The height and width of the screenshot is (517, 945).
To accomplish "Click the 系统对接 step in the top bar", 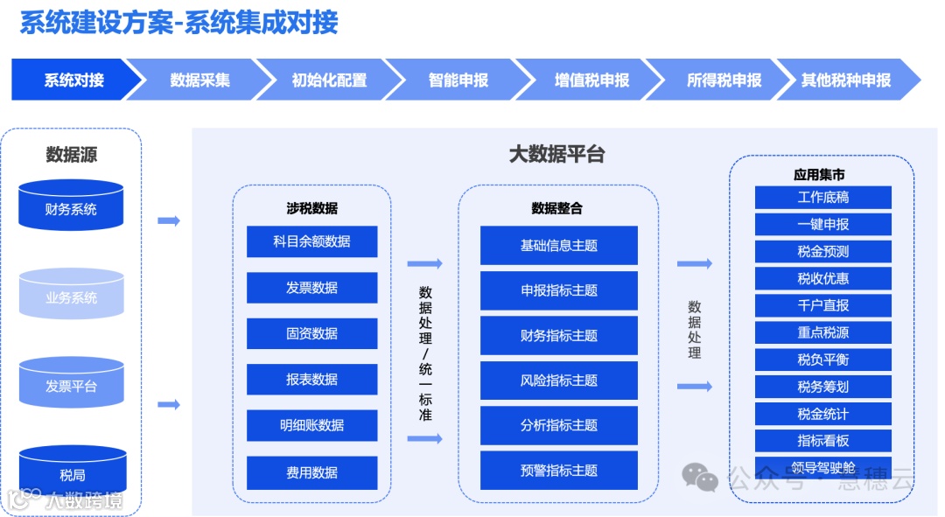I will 74,80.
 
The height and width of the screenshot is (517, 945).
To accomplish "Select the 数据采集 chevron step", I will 199,80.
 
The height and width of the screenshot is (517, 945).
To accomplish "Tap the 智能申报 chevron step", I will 458,80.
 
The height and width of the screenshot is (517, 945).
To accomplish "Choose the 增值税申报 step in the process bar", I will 591,80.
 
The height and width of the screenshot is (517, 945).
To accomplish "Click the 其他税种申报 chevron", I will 845,80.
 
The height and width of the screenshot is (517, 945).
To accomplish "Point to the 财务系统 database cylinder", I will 71,208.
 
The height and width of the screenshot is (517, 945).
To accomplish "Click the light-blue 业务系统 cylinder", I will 71,297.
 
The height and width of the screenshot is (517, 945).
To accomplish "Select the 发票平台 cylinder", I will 71,385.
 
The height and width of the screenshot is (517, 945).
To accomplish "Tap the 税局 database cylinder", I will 71,475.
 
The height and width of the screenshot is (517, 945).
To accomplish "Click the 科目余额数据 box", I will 311,241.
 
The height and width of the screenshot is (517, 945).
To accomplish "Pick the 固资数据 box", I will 311,333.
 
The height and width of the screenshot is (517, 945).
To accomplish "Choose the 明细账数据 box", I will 311,425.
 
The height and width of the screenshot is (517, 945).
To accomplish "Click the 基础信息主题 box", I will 558,246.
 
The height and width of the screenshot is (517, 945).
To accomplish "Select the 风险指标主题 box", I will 558,381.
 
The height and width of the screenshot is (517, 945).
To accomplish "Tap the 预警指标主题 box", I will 558,471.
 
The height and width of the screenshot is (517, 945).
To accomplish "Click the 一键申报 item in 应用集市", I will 822,224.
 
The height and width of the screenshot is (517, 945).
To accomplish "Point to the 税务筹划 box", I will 822,386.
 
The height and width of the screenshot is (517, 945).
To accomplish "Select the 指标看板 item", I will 822,440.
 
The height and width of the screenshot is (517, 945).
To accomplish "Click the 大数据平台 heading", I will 557,155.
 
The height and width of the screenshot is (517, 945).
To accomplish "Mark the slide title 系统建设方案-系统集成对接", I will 178,23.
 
